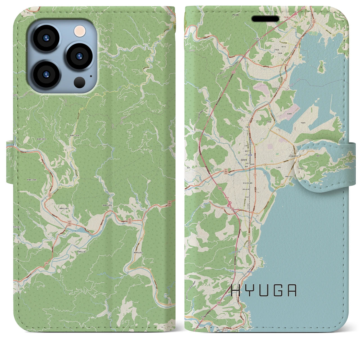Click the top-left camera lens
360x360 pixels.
point(46,38)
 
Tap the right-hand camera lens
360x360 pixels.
point(79,56)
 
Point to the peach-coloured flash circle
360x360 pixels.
point(80,31)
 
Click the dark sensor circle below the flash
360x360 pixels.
point(80,82)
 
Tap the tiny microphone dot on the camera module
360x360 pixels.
point(91,76)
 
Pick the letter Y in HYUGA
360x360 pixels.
point(249,291)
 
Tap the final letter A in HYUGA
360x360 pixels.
point(292,291)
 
